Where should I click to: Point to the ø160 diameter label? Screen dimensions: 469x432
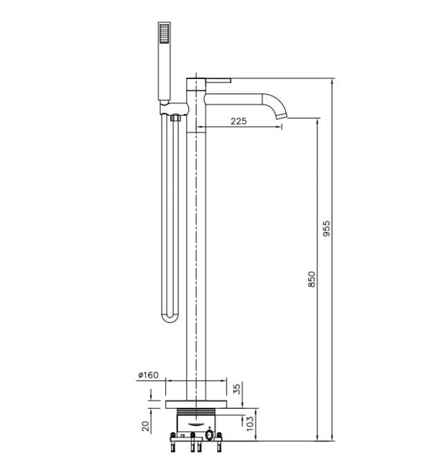coord(149,375)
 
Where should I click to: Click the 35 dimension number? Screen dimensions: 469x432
coord(236,389)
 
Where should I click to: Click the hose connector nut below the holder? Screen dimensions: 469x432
coord(176,119)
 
